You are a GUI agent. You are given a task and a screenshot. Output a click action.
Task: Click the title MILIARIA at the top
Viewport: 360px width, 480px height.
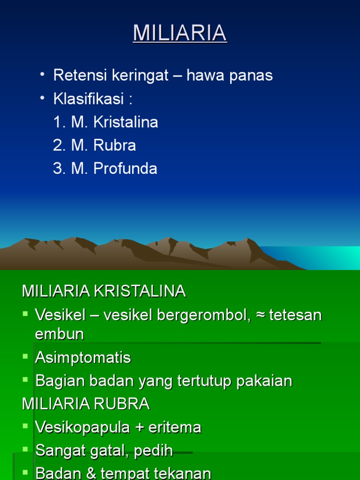click(180, 33)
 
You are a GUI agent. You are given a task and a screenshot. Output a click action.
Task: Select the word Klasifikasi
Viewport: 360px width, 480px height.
click(89, 99)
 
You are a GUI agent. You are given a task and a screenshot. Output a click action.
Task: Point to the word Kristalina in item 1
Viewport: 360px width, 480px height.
click(126, 122)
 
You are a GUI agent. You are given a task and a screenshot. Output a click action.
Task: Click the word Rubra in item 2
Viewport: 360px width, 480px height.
click(115, 145)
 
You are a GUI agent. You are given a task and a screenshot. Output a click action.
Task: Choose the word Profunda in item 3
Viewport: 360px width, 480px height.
click(125, 169)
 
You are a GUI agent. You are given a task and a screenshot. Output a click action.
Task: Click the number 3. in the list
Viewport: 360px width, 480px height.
click(60, 169)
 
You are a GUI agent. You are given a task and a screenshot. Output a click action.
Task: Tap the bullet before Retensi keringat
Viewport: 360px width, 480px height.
click(43, 75)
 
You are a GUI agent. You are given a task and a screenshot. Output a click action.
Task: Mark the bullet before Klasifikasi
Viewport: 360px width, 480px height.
click(43, 98)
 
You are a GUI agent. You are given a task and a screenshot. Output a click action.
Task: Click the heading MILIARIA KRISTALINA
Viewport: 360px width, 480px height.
click(104, 291)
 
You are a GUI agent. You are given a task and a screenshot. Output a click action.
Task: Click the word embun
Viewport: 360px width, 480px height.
click(60, 334)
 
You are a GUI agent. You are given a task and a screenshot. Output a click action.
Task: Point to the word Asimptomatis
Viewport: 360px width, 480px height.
click(83, 358)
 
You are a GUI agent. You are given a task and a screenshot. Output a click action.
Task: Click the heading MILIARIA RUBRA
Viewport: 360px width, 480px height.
click(86, 404)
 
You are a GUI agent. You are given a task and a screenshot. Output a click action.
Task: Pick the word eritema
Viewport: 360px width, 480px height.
click(175, 427)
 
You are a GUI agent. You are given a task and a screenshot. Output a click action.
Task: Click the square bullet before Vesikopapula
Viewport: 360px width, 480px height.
click(25, 426)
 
